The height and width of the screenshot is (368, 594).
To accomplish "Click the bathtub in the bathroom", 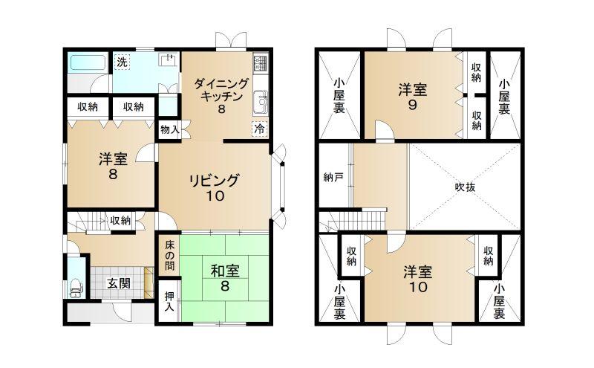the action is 88,62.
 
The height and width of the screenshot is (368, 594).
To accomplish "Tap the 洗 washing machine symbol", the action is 122,62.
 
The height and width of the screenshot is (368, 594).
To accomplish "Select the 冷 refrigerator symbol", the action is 259,129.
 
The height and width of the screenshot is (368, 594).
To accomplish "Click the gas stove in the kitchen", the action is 261,63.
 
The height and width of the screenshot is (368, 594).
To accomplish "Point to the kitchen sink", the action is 261,100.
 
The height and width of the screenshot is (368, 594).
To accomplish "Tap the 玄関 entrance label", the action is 119,283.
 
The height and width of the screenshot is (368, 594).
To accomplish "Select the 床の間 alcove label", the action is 169,255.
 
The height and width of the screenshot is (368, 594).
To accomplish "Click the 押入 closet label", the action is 169,301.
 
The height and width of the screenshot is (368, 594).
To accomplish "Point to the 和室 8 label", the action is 225,278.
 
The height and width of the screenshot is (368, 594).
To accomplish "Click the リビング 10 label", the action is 215,187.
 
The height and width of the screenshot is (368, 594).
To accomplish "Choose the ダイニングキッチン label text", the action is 221,90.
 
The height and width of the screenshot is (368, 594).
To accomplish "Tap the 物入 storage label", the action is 169,130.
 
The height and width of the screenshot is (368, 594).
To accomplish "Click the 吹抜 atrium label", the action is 465,187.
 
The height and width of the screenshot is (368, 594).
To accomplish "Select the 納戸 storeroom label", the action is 333,177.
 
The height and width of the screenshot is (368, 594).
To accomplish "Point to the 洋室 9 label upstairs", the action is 412,97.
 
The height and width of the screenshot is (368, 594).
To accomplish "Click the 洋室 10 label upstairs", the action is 417,280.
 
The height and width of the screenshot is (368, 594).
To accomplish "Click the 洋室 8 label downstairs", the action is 113,167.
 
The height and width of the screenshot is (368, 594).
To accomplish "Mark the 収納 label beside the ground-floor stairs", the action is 120,220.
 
